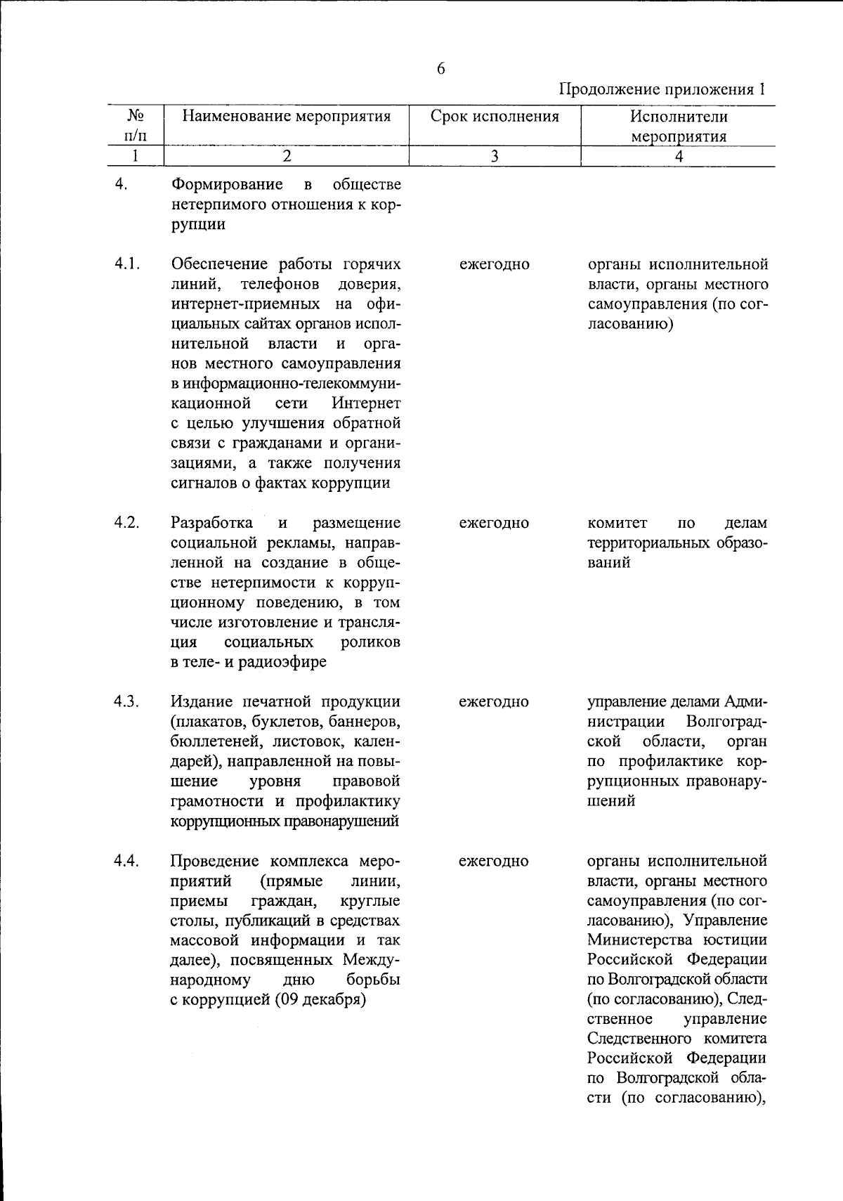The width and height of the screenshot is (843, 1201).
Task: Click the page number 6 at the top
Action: tap(440, 69)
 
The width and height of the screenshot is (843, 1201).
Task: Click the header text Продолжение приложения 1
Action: tap(661, 90)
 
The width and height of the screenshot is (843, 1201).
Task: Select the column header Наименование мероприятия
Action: tap(286, 117)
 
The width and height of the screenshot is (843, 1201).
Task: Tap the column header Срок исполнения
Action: tap(495, 117)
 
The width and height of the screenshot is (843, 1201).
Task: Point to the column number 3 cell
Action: tap(495, 157)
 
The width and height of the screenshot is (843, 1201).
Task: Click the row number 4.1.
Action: tap(127, 264)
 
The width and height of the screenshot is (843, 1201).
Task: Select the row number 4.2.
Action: tap(127, 523)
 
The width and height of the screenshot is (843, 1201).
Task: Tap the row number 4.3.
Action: tap(127, 701)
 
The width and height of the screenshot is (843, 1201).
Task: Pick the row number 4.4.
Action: tap(127, 861)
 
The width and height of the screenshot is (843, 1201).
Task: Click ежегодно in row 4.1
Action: tap(494, 265)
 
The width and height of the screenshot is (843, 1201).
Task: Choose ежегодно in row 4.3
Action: tap(494, 702)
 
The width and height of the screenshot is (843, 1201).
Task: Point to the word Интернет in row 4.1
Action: tap(366, 404)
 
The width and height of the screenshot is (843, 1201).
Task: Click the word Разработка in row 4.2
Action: tap(212, 523)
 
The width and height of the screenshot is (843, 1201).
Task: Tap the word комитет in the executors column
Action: tap(617, 524)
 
